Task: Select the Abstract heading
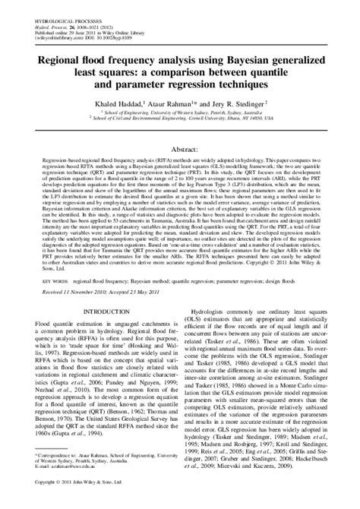click(x=180, y=151)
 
